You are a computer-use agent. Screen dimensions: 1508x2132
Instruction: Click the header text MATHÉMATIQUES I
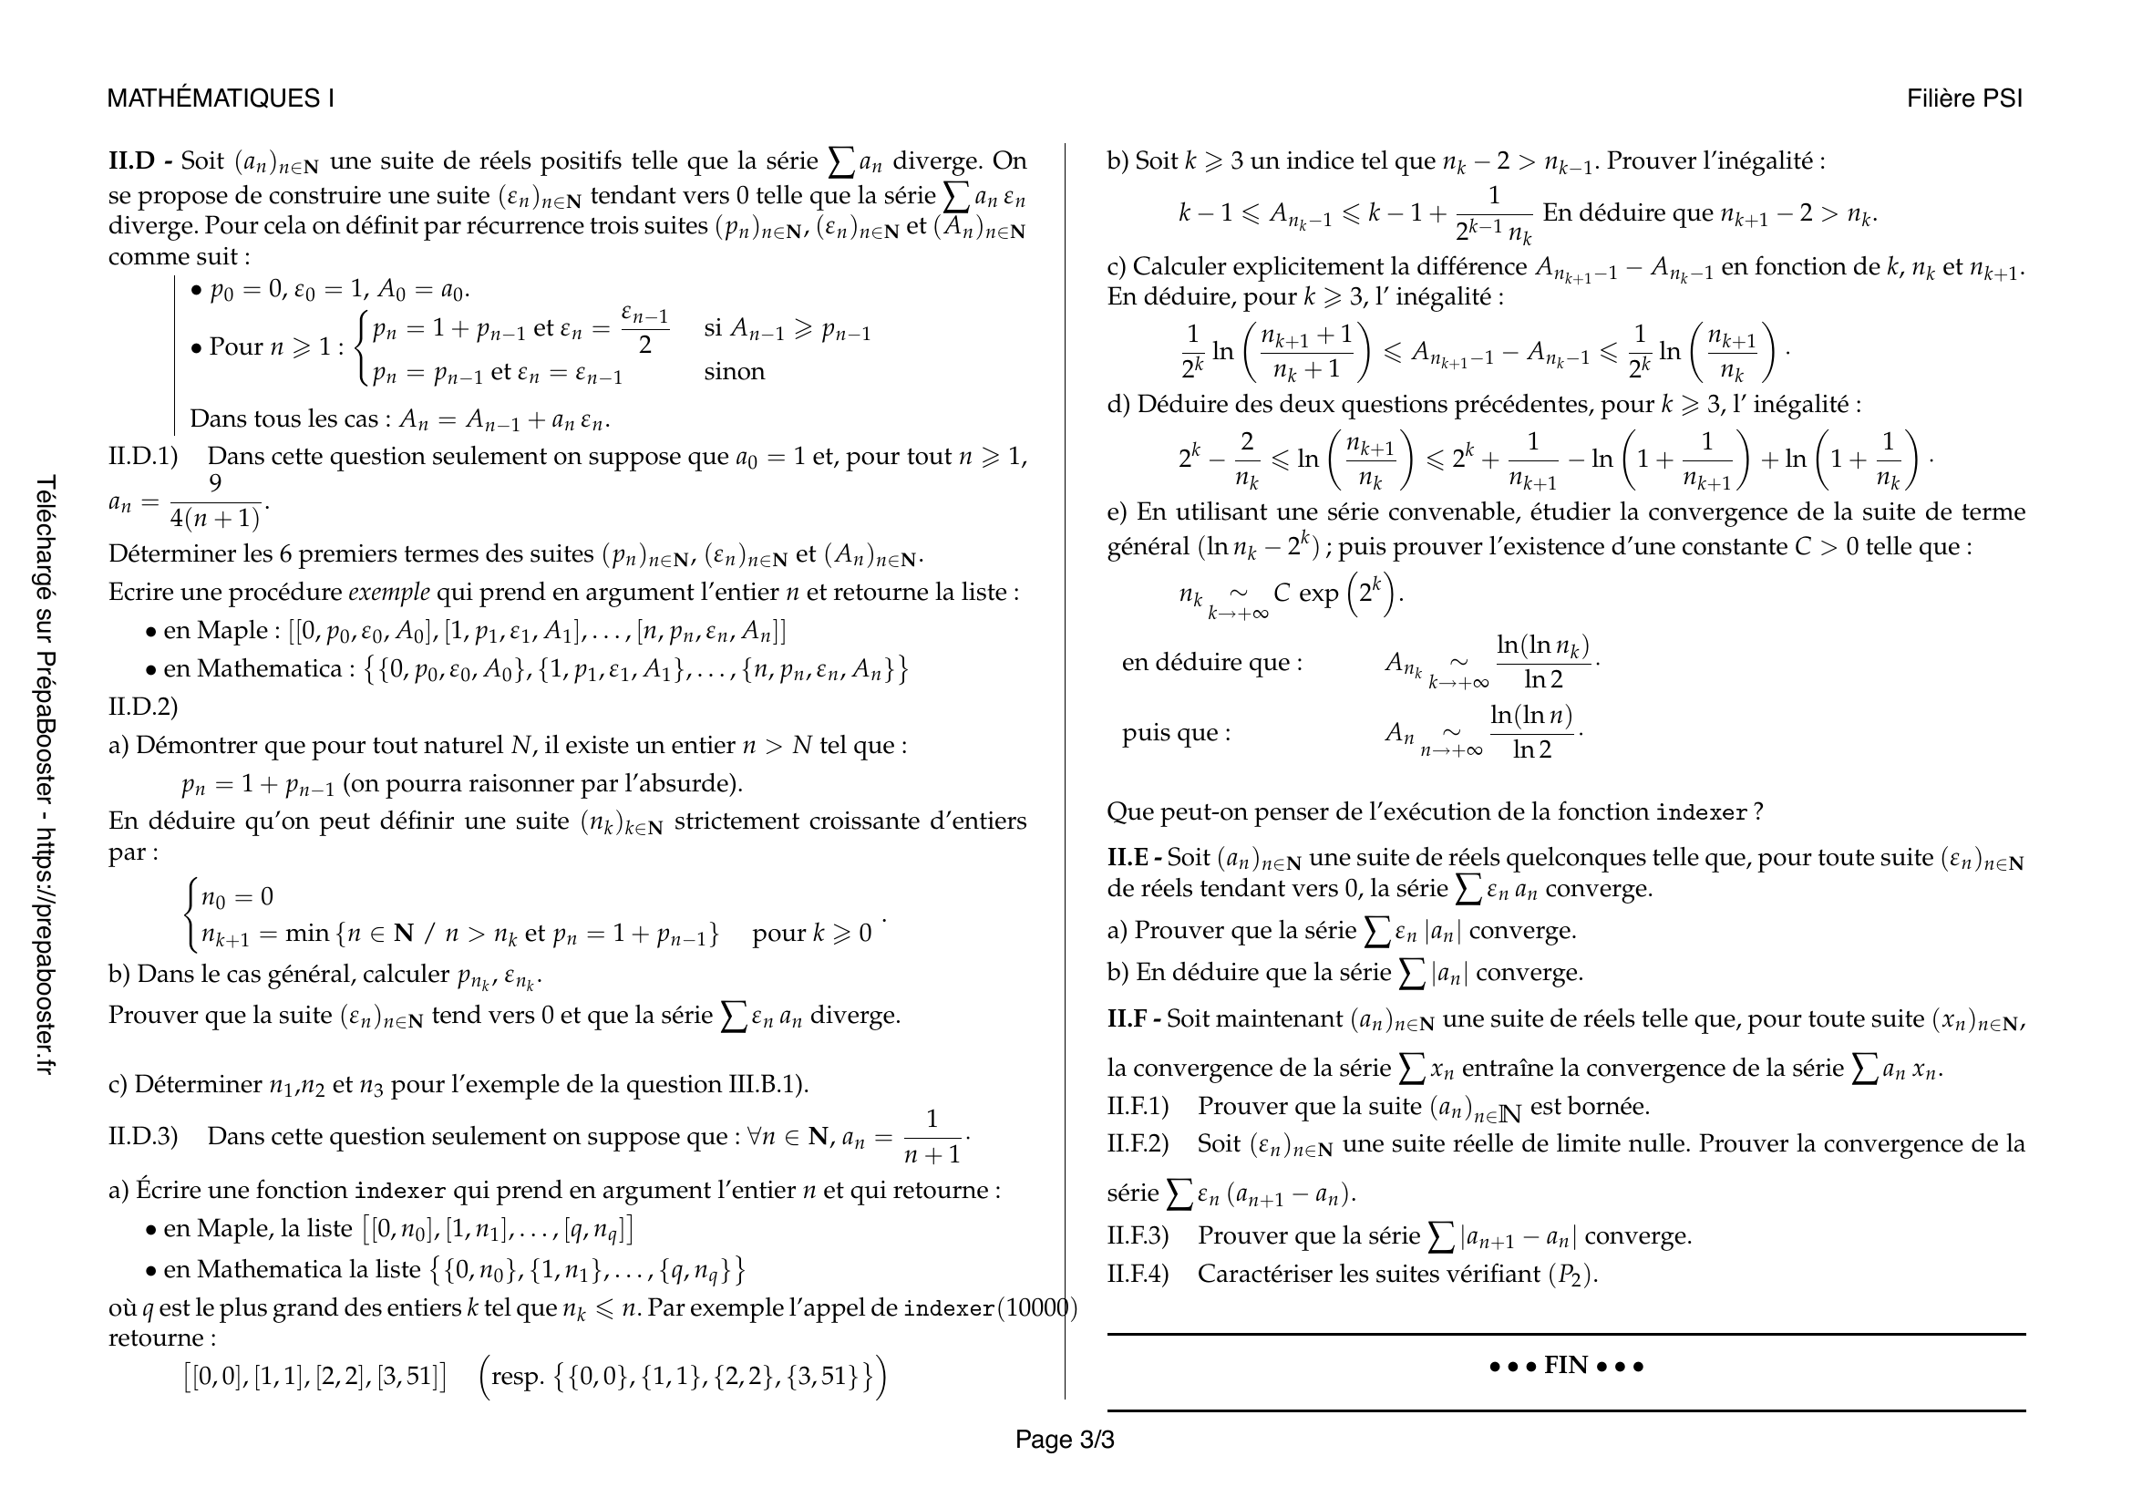(x=220, y=98)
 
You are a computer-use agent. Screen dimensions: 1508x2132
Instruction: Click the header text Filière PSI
(x=1964, y=98)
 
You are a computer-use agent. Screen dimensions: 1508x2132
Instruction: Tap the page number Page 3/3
(x=1064, y=1440)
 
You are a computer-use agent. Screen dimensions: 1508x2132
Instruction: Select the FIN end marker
(x=1566, y=1365)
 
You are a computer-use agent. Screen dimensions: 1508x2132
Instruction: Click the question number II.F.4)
(x=1137, y=1273)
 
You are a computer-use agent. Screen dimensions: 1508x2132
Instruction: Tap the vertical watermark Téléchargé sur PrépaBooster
(x=46, y=775)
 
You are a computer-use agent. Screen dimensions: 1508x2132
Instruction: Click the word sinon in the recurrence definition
(x=734, y=371)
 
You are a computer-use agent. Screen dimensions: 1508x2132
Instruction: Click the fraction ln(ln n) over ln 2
(x=1531, y=732)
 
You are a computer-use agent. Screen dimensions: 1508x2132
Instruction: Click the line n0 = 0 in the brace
(x=237, y=897)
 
